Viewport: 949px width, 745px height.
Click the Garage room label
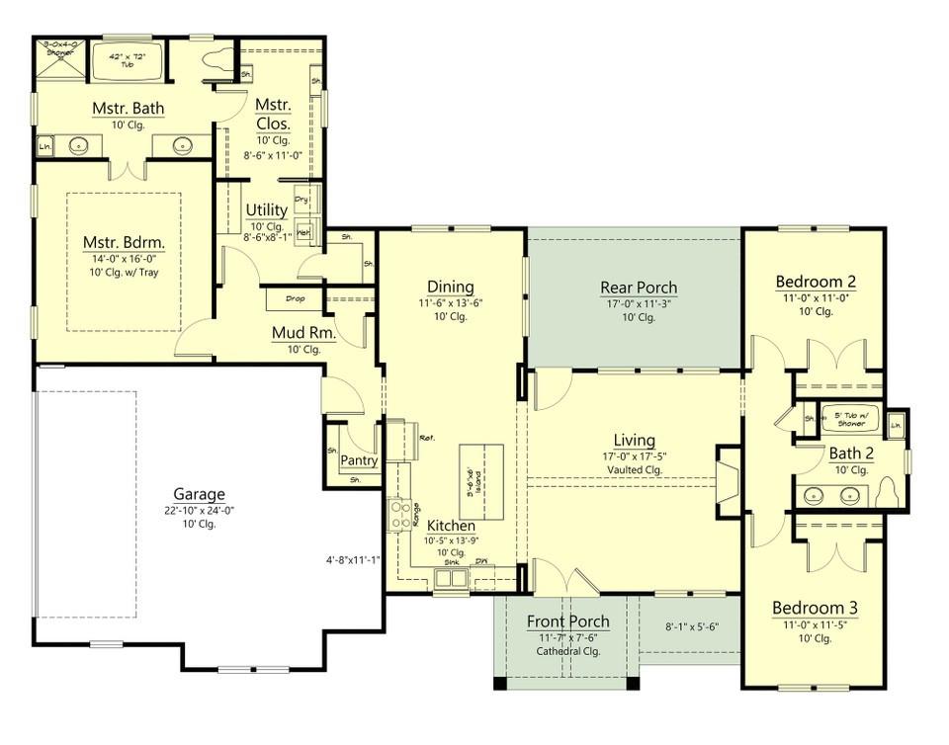point(199,494)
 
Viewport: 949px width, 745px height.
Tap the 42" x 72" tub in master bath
point(126,62)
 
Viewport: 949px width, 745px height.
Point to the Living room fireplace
point(728,480)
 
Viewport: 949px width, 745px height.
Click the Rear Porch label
point(638,288)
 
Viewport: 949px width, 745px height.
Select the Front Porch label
point(567,621)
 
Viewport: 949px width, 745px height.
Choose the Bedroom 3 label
point(815,607)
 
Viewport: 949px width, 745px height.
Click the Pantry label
point(360,460)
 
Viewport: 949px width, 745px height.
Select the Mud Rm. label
point(303,333)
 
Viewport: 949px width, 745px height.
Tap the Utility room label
point(266,209)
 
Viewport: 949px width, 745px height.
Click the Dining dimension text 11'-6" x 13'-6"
point(450,303)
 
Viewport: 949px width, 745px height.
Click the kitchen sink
point(451,577)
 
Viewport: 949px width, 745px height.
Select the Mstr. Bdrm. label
point(123,243)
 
